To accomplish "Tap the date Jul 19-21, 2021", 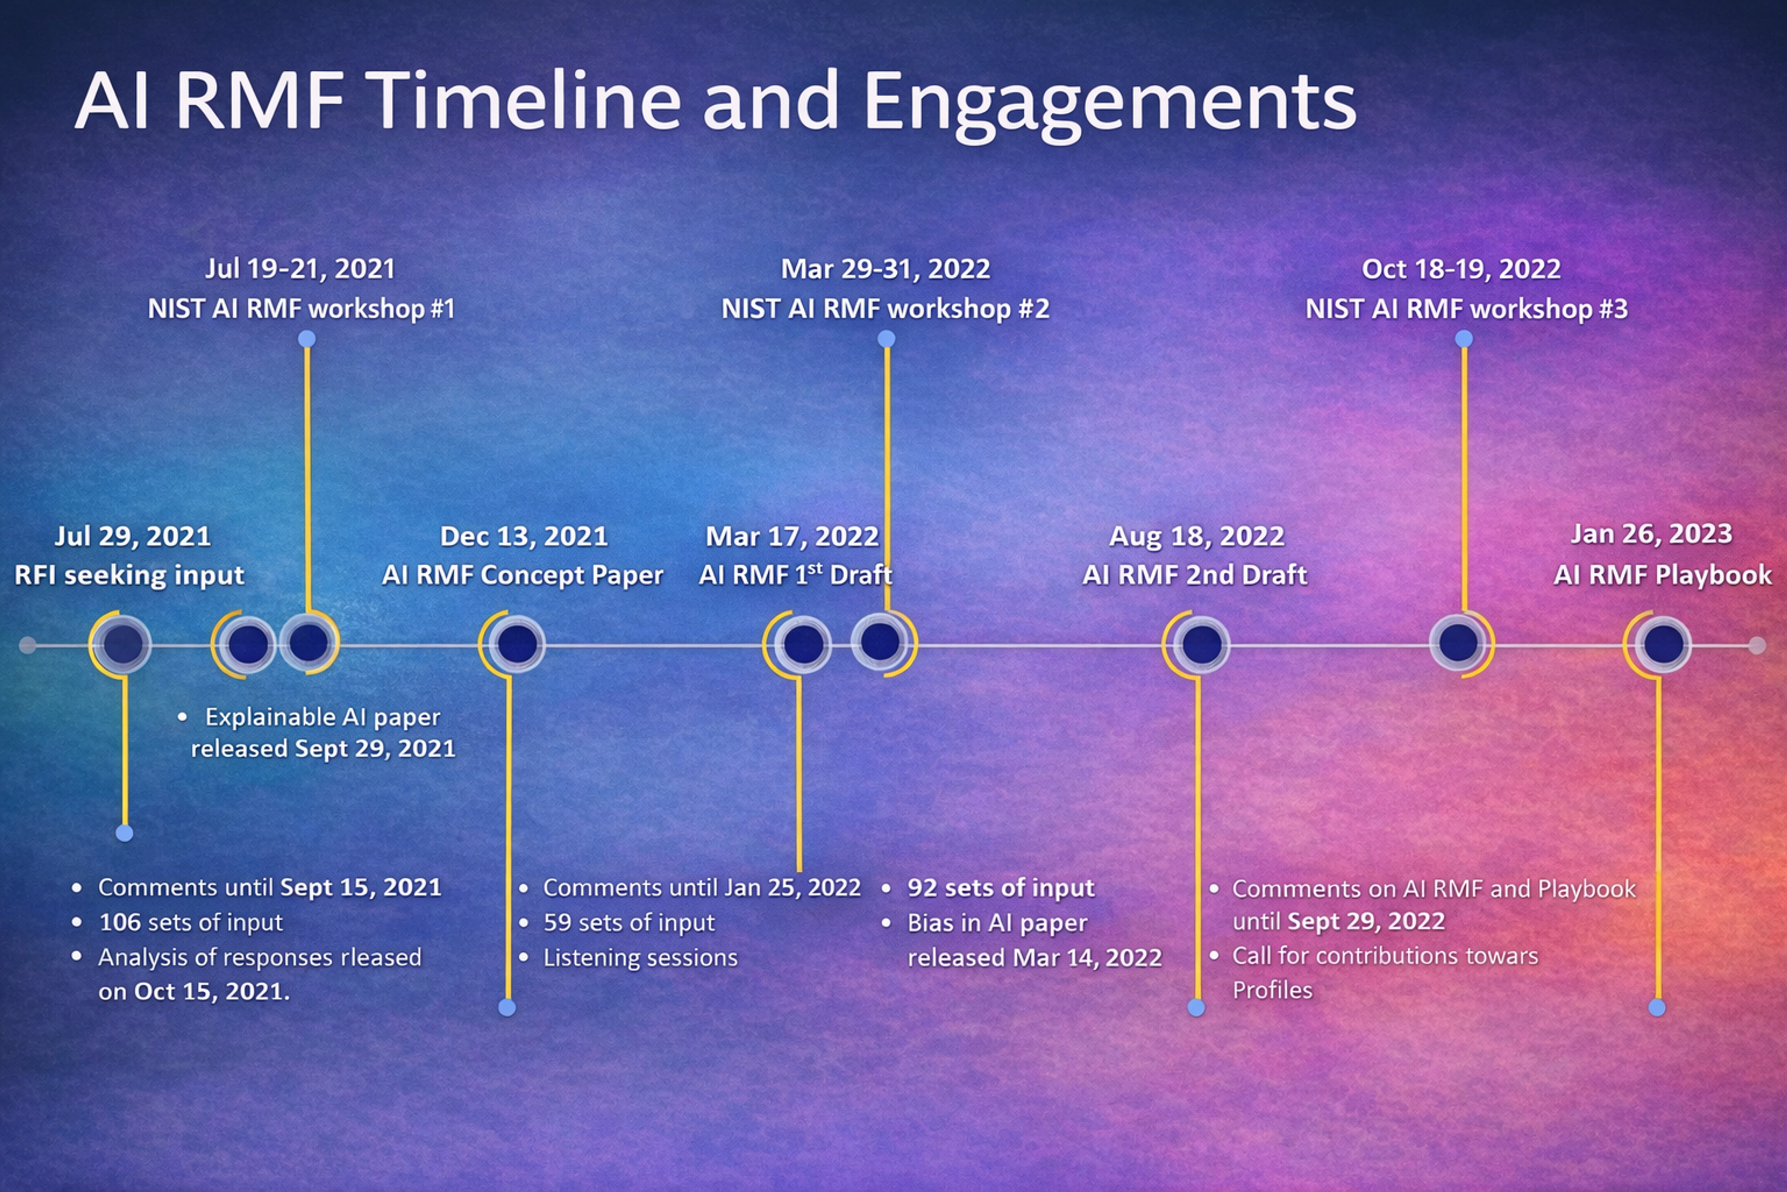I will click(300, 269).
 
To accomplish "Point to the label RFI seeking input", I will click(129, 575).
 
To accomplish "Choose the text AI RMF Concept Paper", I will click(522, 575).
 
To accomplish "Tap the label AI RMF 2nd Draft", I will click(1195, 575).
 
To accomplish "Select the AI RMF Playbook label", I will click(1662, 575).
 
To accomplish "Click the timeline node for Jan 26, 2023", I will click(1662, 644).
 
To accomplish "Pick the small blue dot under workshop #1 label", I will click(307, 339).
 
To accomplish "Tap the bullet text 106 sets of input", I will click(191, 922).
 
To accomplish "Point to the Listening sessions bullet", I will click(640, 957).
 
